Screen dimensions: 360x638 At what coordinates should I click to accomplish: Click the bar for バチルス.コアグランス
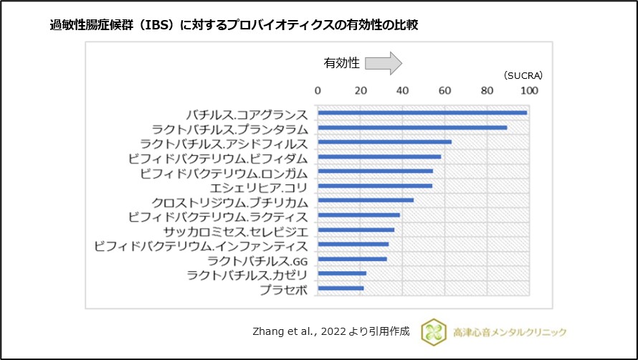coord(422,113)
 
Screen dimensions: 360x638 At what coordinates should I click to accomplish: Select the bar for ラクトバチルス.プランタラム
coord(412,128)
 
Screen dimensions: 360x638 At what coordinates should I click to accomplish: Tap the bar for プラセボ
coord(341,288)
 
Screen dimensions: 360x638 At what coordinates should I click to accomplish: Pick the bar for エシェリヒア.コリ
coord(375,186)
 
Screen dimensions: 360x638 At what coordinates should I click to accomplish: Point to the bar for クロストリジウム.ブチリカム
coord(366,200)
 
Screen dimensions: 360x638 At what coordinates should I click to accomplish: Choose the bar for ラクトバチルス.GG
coord(352,259)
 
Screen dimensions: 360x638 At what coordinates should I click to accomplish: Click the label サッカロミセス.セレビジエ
coord(235,232)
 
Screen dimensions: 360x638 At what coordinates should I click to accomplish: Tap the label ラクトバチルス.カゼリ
coord(247,275)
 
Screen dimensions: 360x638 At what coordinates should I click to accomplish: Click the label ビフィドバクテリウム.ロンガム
coord(224,173)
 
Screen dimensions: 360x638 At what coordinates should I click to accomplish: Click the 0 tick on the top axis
coord(318,90)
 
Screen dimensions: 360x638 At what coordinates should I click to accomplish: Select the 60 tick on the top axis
coord(445,90)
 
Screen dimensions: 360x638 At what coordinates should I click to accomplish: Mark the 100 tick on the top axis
coord(529,90)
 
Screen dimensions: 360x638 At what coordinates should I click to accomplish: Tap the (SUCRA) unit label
coord(523,75)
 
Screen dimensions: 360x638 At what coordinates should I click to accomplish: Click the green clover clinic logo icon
coord(433,331)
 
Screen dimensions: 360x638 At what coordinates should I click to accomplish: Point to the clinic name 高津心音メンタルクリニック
coord(510,331)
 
